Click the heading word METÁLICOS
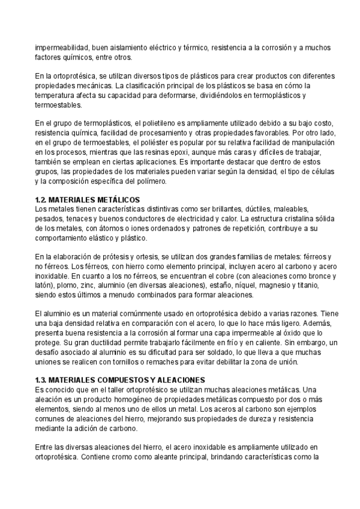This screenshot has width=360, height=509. click(x=117, y=199)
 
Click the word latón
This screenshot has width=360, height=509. click(x=45, y=287)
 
